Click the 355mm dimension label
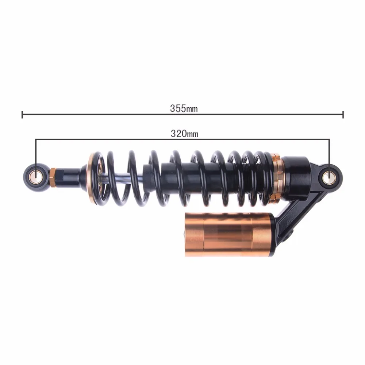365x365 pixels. [184, 108]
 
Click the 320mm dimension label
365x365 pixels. [184, 134]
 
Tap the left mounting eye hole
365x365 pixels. [36, 178]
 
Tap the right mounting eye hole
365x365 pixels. [329, 177]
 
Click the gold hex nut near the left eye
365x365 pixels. [53, 178]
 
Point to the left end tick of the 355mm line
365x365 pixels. [22, 115]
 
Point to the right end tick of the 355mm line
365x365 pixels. [343, 115]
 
